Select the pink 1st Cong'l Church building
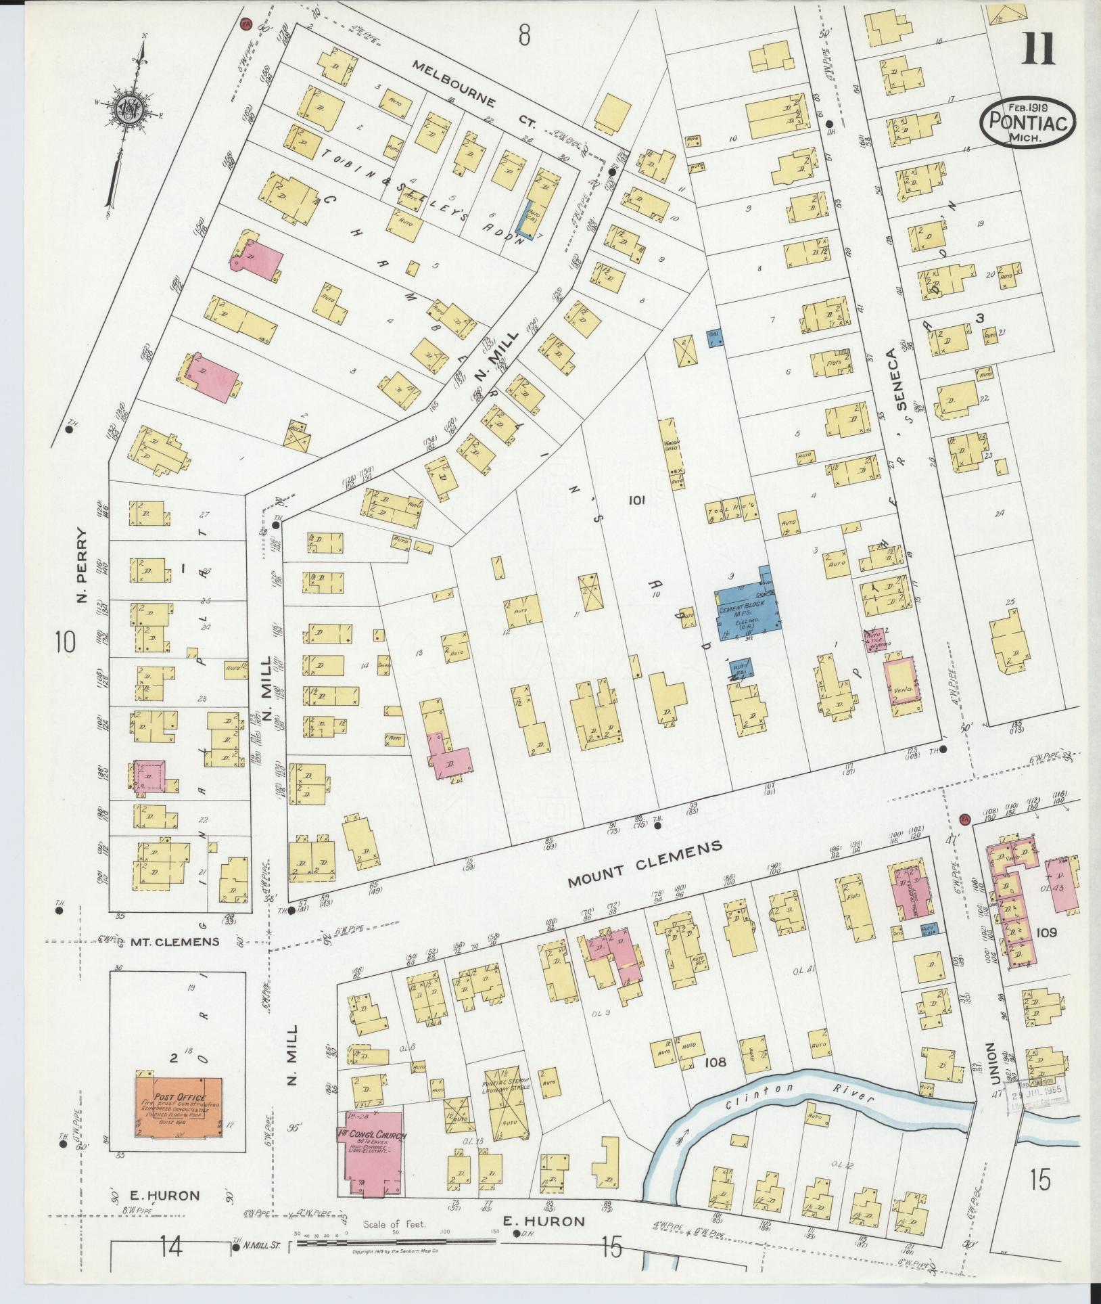[x=374, y=1152]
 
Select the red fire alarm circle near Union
[x=964, y=820]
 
